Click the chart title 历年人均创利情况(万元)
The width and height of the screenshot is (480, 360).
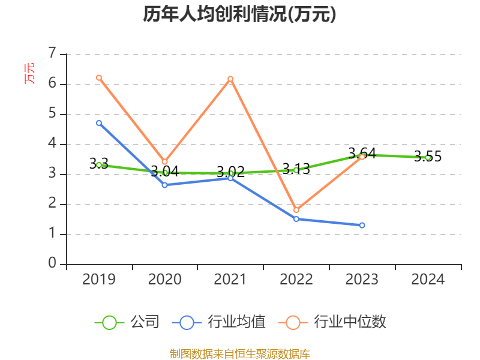pyautogui.click(x=239, y=14)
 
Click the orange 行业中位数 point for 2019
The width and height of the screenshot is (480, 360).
pyautogui.click(x=99, y=77)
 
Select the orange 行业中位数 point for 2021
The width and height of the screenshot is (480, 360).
pyautogui.click(x=230, y=79)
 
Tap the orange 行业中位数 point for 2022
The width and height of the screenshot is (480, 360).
pyautogui.click(x=296, y=210)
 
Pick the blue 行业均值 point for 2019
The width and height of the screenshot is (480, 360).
pyautogui.click(x=99, y=122)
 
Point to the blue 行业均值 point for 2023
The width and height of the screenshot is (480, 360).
pyautogui.click(x=362, y=225)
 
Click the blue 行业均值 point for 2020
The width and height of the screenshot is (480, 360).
pyautogui.click(x=164, y=185)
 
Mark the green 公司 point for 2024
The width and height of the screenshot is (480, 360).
pyautogui.click(x=428, y=158)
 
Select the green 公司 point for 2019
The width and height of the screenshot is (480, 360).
pyautogui.click(x=99, y=165)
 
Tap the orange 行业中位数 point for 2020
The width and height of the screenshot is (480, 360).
pyautogui.click(x=164, y=161)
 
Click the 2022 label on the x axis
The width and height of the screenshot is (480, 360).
pyautogui.click(x=296, y=279)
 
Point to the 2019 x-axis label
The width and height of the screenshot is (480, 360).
pyautogui.click(x=99, y=279)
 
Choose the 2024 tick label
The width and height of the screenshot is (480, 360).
pyautogui.click(x=428, y=279)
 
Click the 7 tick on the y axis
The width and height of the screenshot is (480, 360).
pyautogui.click(x=52, y=53)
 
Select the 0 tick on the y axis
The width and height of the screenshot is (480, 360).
pyautogui.click(x=52, y=263)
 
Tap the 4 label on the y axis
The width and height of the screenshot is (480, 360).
pyautogui.click(x=52, y=143)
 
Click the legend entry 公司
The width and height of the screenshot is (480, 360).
pyautogui.click(x=127, y=322)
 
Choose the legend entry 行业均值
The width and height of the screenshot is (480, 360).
pyautogui.click(x=218, y=322)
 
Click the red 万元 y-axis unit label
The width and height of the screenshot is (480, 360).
pyautogui.click(x=29, y=73)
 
